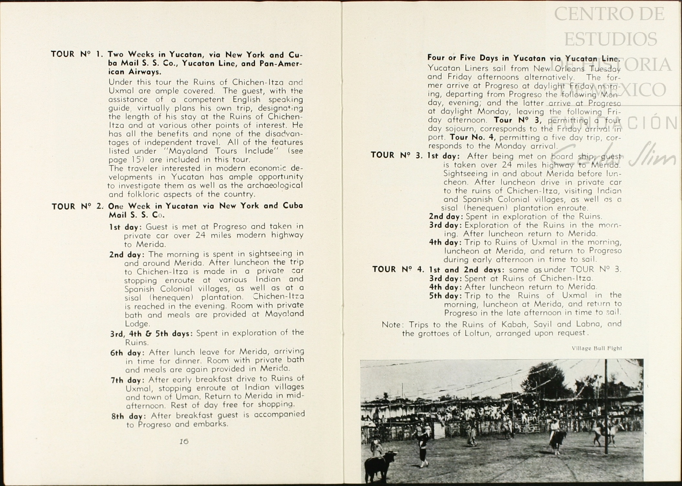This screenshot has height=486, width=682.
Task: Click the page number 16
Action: coord(184,441)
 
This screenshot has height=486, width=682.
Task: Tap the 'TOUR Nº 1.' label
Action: coord(77,54)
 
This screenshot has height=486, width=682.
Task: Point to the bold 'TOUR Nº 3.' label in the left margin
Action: coord(396,155)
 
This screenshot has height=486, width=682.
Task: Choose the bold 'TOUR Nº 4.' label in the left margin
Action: coord(398,269)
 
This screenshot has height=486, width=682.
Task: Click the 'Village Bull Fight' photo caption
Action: coord(597,348)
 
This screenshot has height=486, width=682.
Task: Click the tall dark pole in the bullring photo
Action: coord(606,407)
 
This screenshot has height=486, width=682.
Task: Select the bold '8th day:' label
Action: coord(129,416)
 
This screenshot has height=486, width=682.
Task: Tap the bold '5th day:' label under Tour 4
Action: coord(445,296)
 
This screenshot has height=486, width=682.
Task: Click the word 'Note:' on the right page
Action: coord(393,325)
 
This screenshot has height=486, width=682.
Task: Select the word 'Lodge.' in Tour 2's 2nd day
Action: coord(137,323)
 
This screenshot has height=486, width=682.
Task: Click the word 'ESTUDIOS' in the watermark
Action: coord(611,39)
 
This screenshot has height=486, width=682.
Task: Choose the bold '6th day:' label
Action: coord(127,353)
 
